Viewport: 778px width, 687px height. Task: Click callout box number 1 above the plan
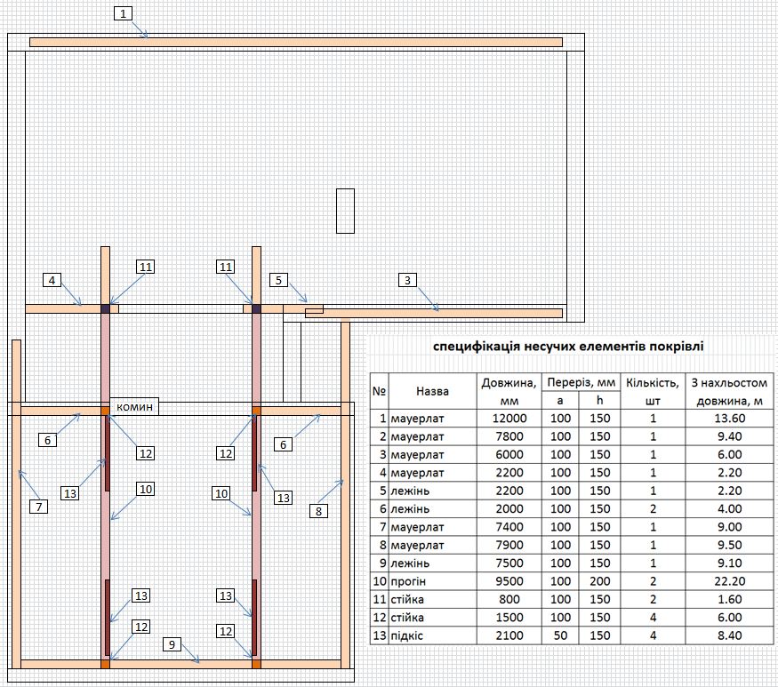pos(123,13)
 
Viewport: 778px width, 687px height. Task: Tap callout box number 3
pos(407,280)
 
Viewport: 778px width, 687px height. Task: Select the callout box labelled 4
pos(52,280)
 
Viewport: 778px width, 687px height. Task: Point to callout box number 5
pos(279,280)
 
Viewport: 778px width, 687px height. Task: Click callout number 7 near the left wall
pos(39,507)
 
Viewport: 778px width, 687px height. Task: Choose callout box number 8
pos(318,511)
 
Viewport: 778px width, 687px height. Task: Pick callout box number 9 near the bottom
pos(172,644)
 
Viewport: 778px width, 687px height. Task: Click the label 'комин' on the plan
pos(134,407)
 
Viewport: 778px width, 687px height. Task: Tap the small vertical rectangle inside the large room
pos(345,211)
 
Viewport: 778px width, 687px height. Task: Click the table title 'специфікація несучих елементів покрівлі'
pos(568,347)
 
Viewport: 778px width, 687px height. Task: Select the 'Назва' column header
pos(432,391)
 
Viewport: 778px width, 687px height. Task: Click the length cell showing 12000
pos(509,418)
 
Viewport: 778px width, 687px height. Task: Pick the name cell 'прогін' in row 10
pos(408,581)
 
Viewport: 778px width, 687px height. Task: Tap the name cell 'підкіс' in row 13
pos(407,636)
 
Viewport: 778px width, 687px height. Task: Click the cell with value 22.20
pos(729,581)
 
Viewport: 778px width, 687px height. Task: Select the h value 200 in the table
pos(600,581)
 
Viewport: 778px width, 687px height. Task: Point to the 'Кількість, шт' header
pos(653,391)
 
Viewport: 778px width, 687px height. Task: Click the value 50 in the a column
pos(560,635)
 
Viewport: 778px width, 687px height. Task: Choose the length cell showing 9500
pos(509,581)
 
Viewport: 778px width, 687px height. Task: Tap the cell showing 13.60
pos(729,418)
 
